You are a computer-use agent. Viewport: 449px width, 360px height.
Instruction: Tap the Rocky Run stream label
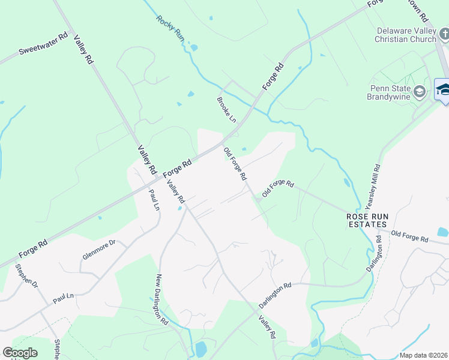pos(170,28)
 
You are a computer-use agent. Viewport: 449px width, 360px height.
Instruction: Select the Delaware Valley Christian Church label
pos(406,35)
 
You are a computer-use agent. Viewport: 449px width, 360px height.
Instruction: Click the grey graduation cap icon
pos(420,92)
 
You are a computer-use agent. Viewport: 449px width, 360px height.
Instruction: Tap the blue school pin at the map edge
pos(443,90)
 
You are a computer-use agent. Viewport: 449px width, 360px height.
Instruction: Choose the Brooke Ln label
pos(227,109)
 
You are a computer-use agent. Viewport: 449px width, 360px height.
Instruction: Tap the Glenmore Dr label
pos(98,249)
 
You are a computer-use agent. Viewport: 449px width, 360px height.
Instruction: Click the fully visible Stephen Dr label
pos(26,275)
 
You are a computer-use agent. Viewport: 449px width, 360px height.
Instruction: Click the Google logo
pos(20,353)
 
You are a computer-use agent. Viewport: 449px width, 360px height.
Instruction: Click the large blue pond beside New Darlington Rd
pos(201,348)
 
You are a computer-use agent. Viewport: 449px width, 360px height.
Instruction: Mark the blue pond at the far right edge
pos(443,232)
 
